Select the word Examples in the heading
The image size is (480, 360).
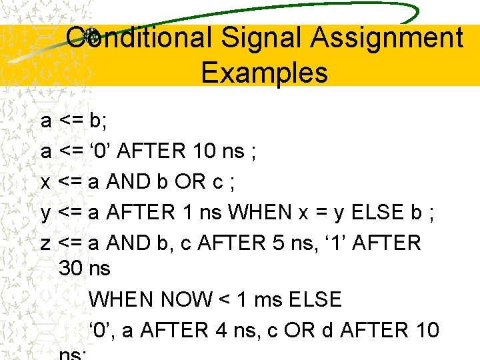click(265, 72)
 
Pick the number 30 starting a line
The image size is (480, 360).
click(71, 269)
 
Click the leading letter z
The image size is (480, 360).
click(46, 243)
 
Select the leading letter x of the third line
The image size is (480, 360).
click(46, 182)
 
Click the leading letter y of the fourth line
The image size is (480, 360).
click(46, 213)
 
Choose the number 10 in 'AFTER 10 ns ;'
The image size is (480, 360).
click(203, 151)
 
